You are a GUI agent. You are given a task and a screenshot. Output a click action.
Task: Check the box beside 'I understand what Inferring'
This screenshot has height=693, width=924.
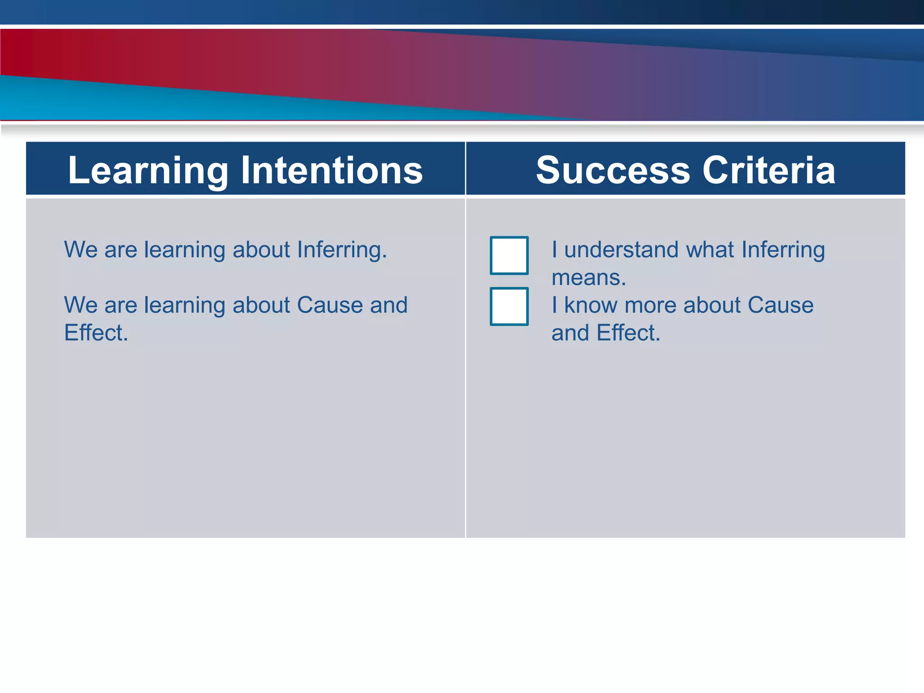509,255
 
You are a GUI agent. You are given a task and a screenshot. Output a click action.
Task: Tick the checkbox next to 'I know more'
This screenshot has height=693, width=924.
509,306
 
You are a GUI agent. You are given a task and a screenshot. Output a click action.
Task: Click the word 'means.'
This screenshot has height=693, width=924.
589,277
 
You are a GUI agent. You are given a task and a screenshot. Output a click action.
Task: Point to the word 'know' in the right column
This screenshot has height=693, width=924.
591,305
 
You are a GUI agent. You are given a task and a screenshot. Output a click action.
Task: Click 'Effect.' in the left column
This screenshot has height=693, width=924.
96,333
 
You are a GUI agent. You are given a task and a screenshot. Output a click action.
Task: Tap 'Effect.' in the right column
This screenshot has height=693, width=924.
628,333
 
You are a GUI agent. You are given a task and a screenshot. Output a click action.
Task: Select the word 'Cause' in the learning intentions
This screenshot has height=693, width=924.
330,305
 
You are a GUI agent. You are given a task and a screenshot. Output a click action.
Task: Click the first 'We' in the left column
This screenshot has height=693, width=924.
81,249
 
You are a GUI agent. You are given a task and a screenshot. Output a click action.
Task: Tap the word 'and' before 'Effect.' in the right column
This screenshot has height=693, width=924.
570,333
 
